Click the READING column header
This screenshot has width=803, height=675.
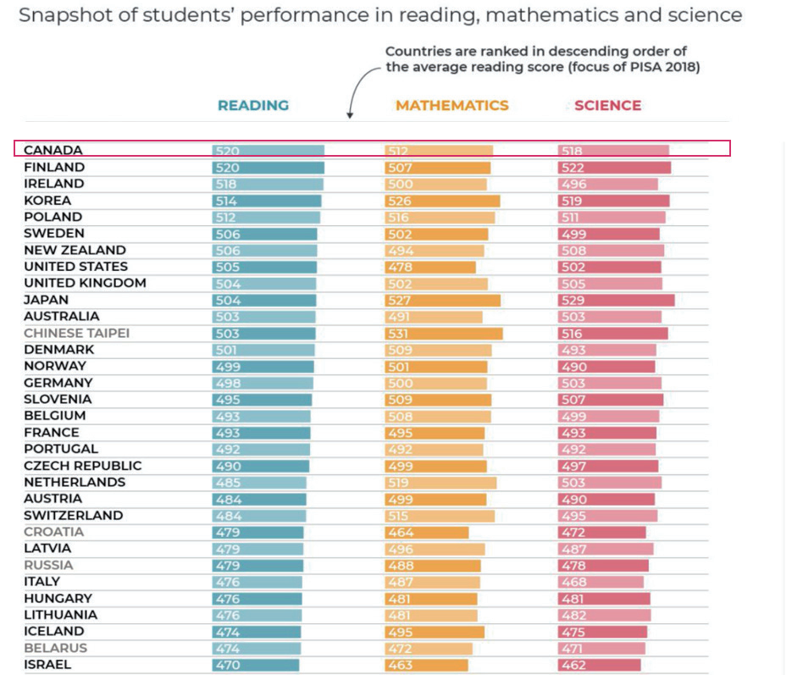(x=252, y=106)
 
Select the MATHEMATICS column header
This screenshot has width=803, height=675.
(x=451, y=106)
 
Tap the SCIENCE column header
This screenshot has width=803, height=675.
(x=607, y=106)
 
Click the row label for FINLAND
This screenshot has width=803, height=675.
(x=54, y=167)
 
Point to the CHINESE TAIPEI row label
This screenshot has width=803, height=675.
(x=76, y=333)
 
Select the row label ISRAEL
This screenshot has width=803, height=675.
(x=47, y=665)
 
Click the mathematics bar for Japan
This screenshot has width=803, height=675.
(x=442, y=300)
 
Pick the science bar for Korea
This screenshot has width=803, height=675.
(x=614, y=201)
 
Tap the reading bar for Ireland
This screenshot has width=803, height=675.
(x=268, y=184)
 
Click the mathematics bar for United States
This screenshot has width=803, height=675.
(x=430, y=267)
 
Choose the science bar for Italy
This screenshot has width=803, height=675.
(x=601, y=582)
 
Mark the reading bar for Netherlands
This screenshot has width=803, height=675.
(x=259, y=482)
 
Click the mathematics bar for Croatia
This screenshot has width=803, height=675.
(x=427, y=532)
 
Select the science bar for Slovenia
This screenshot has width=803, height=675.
(x=611, y=399)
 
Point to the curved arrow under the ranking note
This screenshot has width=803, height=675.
(x=356, y=89)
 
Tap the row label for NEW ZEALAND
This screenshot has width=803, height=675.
(x=75, y=250)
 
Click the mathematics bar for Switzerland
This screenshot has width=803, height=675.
(x=440, y=516)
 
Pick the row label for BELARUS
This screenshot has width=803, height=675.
(x=55, y=648)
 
